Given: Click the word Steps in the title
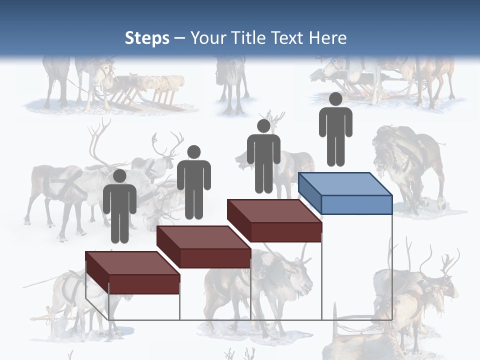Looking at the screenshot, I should click(x=147, y=38).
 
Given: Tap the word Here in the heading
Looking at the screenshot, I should click(x=327, y=38).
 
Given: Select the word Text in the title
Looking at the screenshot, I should click(x=288, y=38).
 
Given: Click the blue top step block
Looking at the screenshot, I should click(x=345, y=192).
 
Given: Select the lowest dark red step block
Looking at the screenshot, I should click(x=132, y=272).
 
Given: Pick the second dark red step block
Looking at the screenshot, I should click(x=203, y=246).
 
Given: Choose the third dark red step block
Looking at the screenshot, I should click(x=274, y=220).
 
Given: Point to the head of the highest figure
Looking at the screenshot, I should click(x=335, y=99).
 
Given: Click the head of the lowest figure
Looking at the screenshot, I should click(x=119, y=176).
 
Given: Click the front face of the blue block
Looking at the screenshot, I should click(x=356, y=204).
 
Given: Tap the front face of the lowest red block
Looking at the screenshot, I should click(x=144, y=284).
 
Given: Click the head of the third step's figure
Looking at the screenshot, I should click(x=263, y=126).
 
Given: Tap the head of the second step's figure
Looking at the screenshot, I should click(x=193, y=152).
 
